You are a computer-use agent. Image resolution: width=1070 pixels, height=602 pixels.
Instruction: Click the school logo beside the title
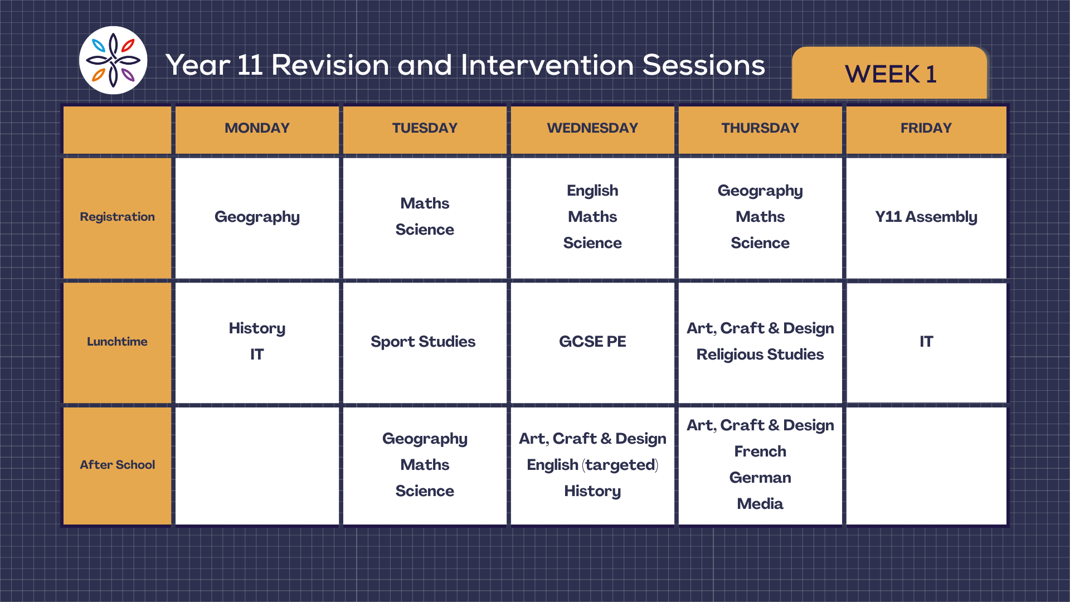pos(113,60)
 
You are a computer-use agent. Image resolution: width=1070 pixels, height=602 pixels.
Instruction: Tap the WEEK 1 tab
pos(890,74)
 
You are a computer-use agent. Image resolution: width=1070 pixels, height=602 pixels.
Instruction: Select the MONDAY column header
pos(257,128)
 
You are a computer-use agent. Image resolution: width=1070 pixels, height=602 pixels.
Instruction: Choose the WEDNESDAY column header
pos(592,128)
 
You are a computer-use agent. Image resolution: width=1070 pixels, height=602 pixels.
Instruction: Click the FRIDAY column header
pos(926,128)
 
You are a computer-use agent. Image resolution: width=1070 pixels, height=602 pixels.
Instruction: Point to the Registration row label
pos(117,217)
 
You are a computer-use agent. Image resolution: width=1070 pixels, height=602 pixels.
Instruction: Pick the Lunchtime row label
pos(117,342)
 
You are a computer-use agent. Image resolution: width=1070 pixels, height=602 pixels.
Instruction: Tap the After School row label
pos(117,465)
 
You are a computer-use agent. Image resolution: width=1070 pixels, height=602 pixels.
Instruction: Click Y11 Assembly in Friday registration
pos(926,217)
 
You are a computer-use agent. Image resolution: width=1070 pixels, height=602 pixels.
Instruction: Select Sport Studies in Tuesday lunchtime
pos(423,342)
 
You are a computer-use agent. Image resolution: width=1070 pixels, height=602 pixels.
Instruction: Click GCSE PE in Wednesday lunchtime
pos(592,341)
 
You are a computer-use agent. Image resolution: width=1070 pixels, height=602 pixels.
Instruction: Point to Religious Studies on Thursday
pos(760,355)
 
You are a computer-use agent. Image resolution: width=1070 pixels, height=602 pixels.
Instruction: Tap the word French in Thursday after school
pos(760,452)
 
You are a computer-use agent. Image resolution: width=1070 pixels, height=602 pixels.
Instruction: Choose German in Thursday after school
pos(760,478)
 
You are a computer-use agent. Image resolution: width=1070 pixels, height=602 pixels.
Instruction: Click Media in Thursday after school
pos(760,504)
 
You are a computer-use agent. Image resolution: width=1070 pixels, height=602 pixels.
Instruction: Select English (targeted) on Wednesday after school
pos(592,465)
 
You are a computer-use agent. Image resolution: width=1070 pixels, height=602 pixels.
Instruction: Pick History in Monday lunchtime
pos(257,328)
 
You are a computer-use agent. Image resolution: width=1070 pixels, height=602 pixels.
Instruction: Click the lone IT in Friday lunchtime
pos(926,341)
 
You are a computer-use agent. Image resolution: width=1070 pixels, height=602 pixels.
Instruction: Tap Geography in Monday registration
pos(257,217)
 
